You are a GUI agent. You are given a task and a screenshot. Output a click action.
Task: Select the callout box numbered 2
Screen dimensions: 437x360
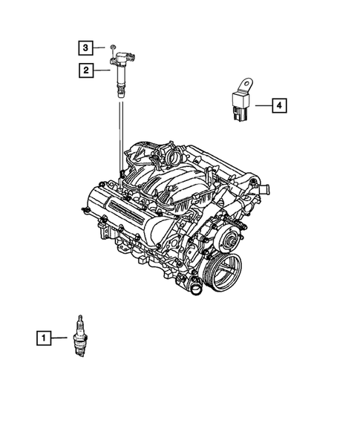86,71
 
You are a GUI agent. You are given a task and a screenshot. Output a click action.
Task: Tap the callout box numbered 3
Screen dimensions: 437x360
86,48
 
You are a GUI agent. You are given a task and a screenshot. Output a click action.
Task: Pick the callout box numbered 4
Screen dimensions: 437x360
278,107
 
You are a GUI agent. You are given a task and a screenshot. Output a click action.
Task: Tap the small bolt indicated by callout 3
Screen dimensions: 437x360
110,48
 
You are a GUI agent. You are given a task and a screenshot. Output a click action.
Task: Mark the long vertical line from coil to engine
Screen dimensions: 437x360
120,137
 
